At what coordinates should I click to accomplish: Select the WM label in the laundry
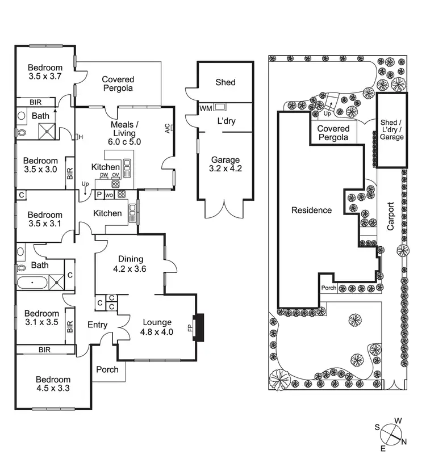205,108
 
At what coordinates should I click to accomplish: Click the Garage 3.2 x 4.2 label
226,165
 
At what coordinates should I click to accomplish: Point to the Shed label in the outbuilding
225,82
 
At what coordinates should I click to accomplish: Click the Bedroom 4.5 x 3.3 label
53,385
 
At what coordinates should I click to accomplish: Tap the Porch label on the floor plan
107,369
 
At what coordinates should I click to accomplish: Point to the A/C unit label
167,128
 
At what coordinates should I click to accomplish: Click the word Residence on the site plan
311,211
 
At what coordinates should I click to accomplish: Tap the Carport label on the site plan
391,216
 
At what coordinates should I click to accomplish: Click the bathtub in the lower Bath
32,281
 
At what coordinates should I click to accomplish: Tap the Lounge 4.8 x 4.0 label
156,327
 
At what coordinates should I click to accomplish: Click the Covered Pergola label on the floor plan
118,84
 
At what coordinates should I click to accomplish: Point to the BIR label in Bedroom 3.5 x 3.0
70,174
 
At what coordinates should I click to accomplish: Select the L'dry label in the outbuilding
225,121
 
